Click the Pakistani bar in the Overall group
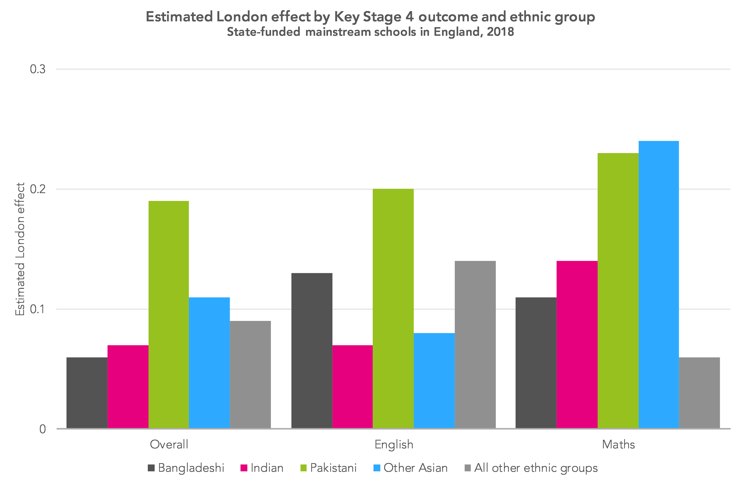[x=168, y=315]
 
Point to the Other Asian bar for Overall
[x=209, y=363]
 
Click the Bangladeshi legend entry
[x=186, y=468]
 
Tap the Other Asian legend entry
[x=410, y=468]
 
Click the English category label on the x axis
[x=394, y=444]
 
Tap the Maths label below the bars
[x=618, y=444]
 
